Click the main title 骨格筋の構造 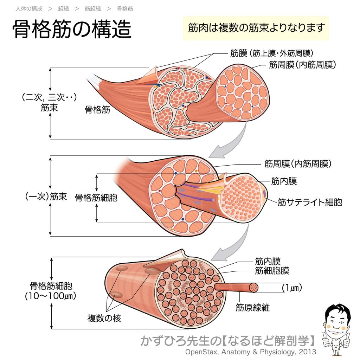pos(72,29)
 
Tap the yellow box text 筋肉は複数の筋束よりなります pos(256,28)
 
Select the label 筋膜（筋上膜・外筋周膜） pos(271,53)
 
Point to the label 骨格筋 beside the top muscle pos(97,110)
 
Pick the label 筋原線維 pos(252,308)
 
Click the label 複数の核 pos(104,319)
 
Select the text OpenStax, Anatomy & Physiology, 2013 pos(251,352)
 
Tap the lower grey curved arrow pos(232,246)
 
